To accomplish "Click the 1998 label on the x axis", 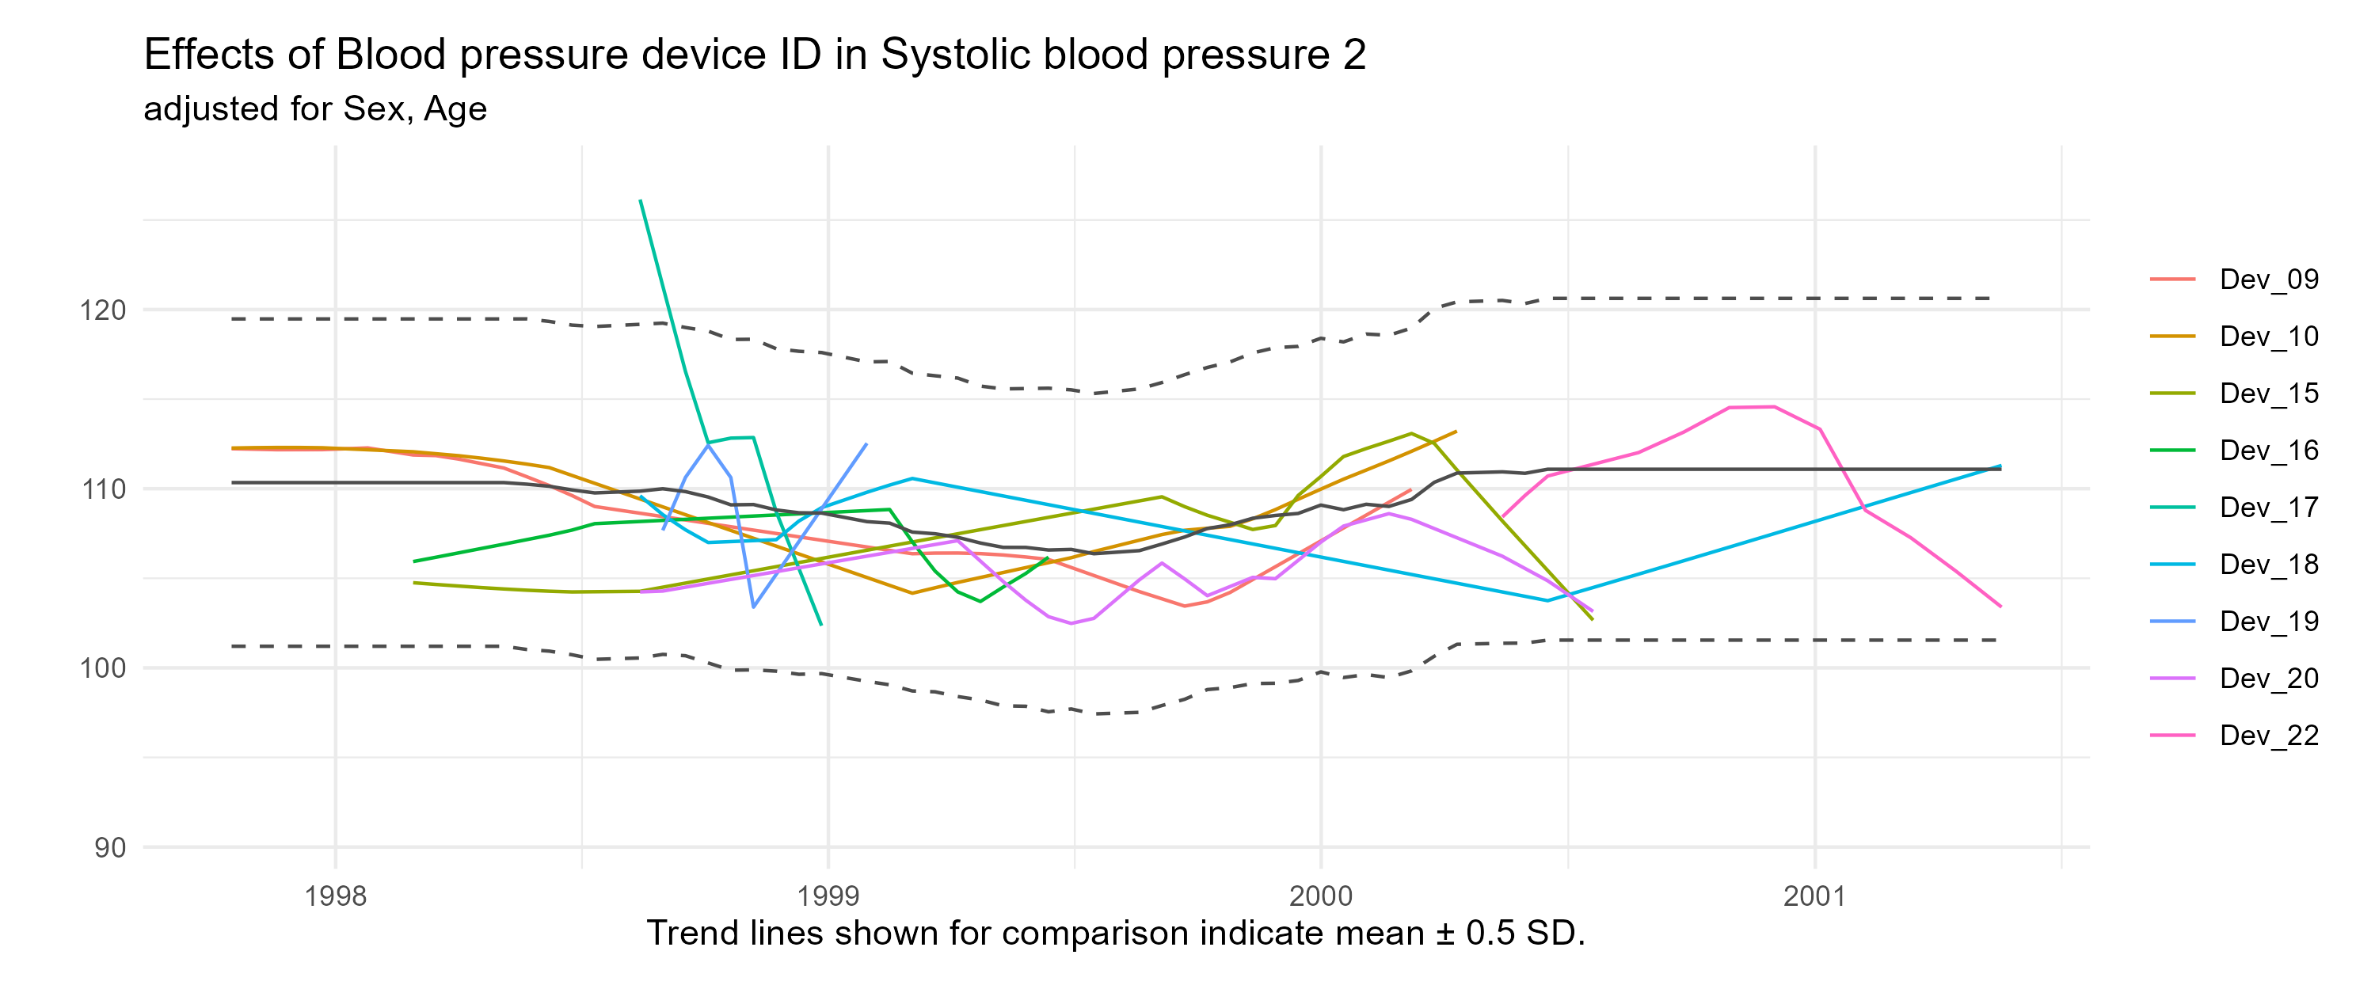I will pyautogui.click(x=335, y=897).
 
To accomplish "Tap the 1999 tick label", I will pyautogui.click(x=828, y=897).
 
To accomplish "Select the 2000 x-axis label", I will pyautogui.click(x=1321, y=897).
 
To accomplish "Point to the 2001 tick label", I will pyautogui.click(x=1814, y=897).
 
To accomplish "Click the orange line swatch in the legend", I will pyautogui.click(x=2172, y=337).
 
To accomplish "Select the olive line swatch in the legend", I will pyautogui.click(x=2172, y=394).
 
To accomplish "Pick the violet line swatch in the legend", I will pyautogui.click(x=2172, y=679).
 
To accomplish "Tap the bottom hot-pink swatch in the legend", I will pyautogui.click(x=2172, y=736).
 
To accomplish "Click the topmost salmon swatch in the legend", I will pyautogui.click(x=2172, y=280).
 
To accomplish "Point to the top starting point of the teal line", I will pyautogui.click(x=640, y=200).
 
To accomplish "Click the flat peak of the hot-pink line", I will pyautogui.click(x=1752, y=406).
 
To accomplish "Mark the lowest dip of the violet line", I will pyautogui.click(x=1072, y=624).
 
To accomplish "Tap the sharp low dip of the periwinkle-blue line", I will pyautogui.click(x=754, y=607).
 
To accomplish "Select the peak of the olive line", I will pyautogui.click(x=1410, y=432).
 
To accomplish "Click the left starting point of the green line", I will pyautogui.click(x=414, y=561).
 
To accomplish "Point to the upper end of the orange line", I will pyautogui.click(x=1456, y=431).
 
